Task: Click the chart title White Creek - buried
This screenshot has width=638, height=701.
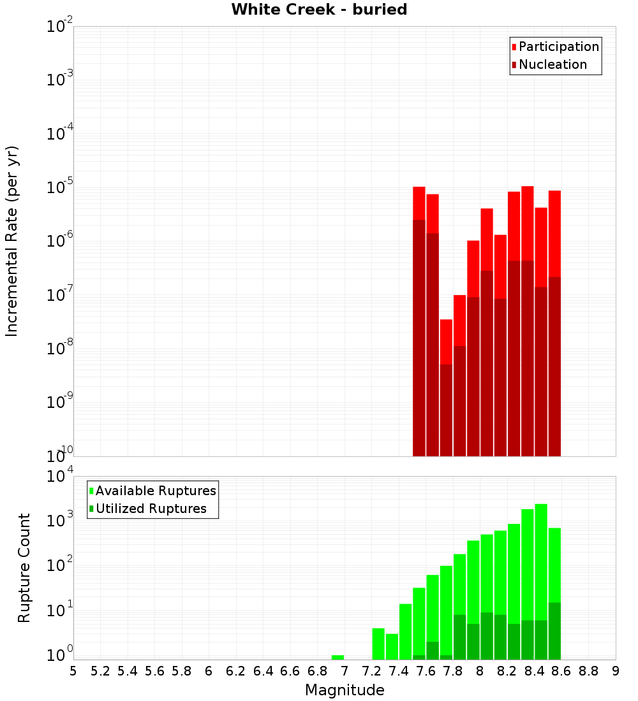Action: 319,10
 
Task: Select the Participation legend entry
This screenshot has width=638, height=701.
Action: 558,47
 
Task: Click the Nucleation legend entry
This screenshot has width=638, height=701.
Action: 552,64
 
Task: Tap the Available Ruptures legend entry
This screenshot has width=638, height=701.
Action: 155,491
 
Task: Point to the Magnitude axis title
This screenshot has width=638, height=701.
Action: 345,690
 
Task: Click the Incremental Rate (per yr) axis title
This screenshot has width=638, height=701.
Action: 12,241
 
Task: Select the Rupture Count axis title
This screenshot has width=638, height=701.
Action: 24,568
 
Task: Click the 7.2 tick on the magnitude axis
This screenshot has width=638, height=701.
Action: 371,671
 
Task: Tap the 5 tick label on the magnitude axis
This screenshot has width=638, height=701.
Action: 73,671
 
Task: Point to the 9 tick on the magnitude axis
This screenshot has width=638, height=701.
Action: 616,671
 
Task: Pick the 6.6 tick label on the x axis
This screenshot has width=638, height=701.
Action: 290,671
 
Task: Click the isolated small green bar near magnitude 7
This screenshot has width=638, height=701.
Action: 338,657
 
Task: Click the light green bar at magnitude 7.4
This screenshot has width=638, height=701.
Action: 405,631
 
